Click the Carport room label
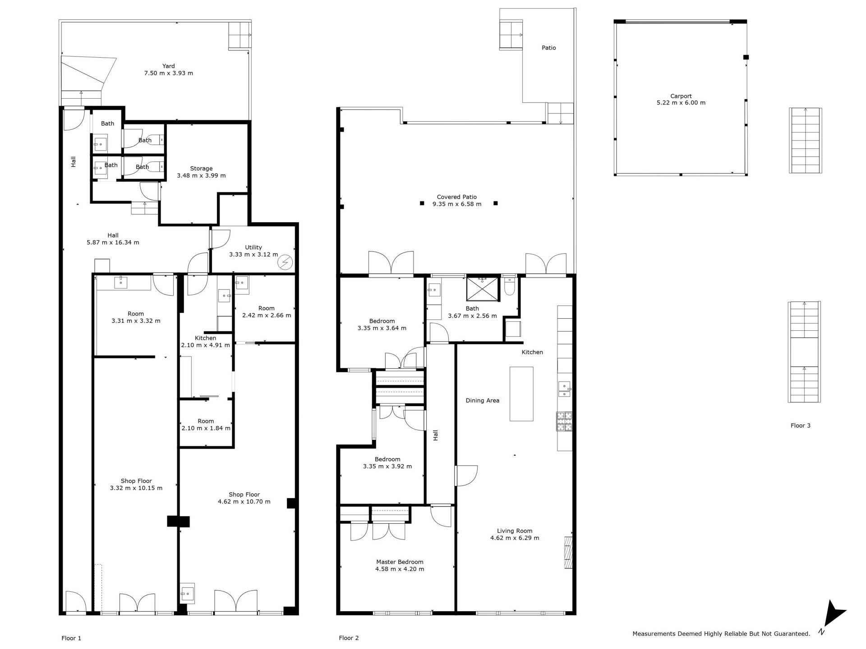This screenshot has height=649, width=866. click(681, 96)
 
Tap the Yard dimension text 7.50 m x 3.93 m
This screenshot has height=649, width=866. click(169, 73)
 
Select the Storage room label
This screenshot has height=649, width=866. click(201, 169)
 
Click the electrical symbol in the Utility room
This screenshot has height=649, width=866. click(286, 262)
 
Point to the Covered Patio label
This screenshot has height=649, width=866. click(457, 197)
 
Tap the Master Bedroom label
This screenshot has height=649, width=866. click(400, 562)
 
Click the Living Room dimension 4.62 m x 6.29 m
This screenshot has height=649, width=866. click(515, 538)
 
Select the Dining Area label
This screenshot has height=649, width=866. click(483, 400)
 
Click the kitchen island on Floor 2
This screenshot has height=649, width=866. click(521, 394)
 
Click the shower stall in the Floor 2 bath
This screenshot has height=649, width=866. click(483, 289)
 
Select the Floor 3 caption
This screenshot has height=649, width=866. click(801, 425)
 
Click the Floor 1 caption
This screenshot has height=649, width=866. click(71, 638)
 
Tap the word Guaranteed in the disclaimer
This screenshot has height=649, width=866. click(792, 634)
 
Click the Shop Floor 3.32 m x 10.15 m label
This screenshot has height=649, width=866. click(136, 484)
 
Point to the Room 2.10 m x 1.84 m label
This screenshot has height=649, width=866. click(206, 425)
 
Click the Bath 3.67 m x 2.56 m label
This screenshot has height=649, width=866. click(472, 312)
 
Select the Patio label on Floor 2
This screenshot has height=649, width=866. click(549, 48)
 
